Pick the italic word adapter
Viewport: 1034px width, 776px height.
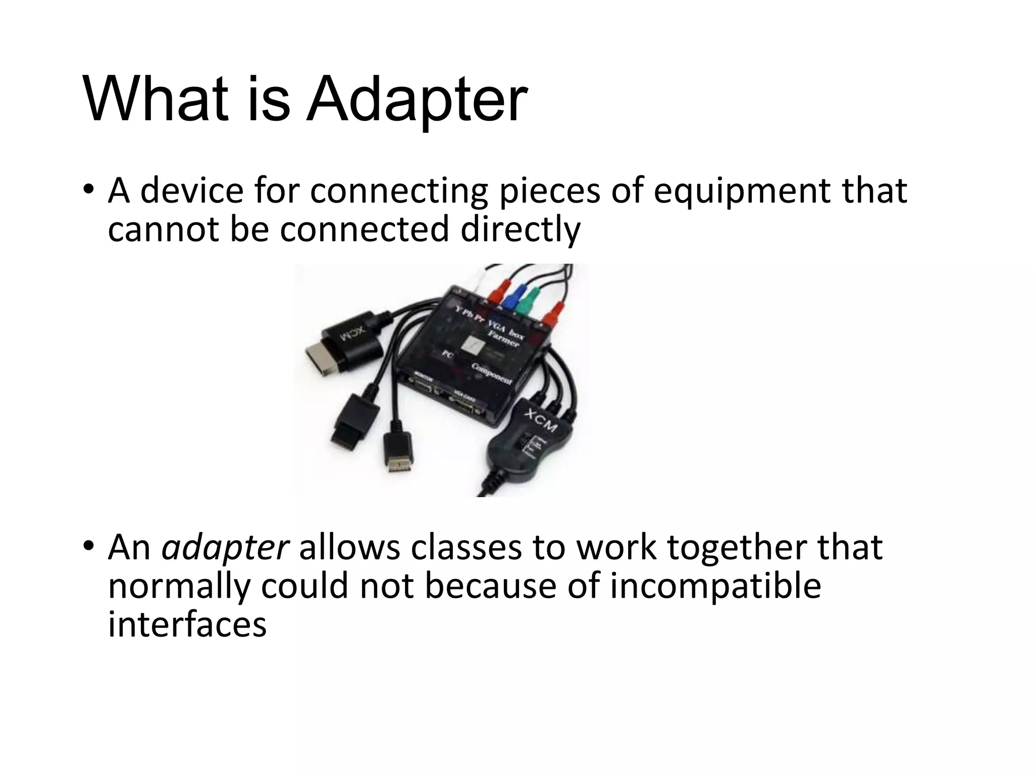[225, 548]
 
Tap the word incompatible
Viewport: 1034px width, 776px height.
[715, 586]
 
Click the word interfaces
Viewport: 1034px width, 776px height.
[187, 624]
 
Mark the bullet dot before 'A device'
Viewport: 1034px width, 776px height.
[88, 190]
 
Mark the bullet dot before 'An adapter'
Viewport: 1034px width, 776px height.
[88, 546]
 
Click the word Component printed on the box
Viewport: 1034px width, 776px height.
[492, 373]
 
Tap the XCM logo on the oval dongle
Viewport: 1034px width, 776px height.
[540, 420]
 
